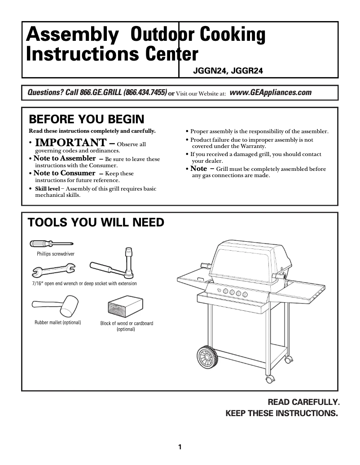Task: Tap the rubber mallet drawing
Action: pyautogui.click(x=54, y=304)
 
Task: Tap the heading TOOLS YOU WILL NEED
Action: pyautogui.click(x=96, y=222)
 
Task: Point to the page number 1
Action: pyautogui.click(x=180, y=447)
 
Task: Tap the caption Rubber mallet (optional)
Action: pyautogui.click(x=57, y=322)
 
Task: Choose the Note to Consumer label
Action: pyautogui.click(x=64, y=173)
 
